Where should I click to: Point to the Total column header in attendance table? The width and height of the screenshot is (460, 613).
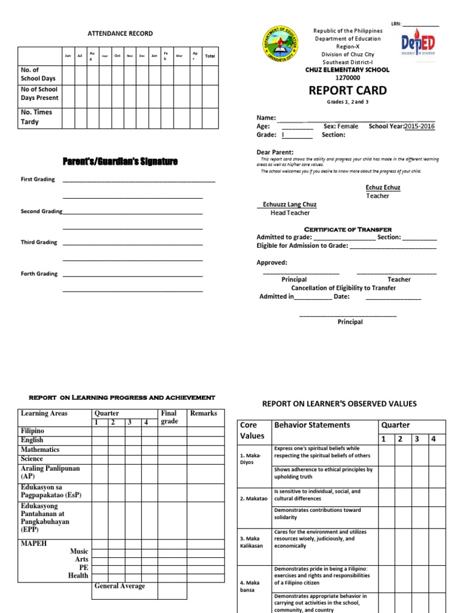210,56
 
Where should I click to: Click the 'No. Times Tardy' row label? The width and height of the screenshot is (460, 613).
37,117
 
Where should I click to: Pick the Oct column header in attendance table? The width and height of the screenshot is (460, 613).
117,56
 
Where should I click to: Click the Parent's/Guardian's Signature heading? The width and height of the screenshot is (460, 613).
120,162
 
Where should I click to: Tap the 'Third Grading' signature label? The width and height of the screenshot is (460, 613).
39,242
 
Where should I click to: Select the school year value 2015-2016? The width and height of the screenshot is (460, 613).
419,126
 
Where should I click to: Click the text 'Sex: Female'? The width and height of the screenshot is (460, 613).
341,126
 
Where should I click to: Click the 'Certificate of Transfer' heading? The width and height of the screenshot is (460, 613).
348,229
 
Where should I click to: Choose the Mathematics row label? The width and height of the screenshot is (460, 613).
40,450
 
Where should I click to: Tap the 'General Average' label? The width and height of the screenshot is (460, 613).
119,586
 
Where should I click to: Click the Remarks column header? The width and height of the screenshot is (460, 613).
203,413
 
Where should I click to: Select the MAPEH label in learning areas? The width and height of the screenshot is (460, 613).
34,544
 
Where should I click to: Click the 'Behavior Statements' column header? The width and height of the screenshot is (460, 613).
311,425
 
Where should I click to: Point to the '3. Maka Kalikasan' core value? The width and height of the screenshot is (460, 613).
252,542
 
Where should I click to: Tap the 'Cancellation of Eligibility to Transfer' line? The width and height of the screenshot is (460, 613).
343,288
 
